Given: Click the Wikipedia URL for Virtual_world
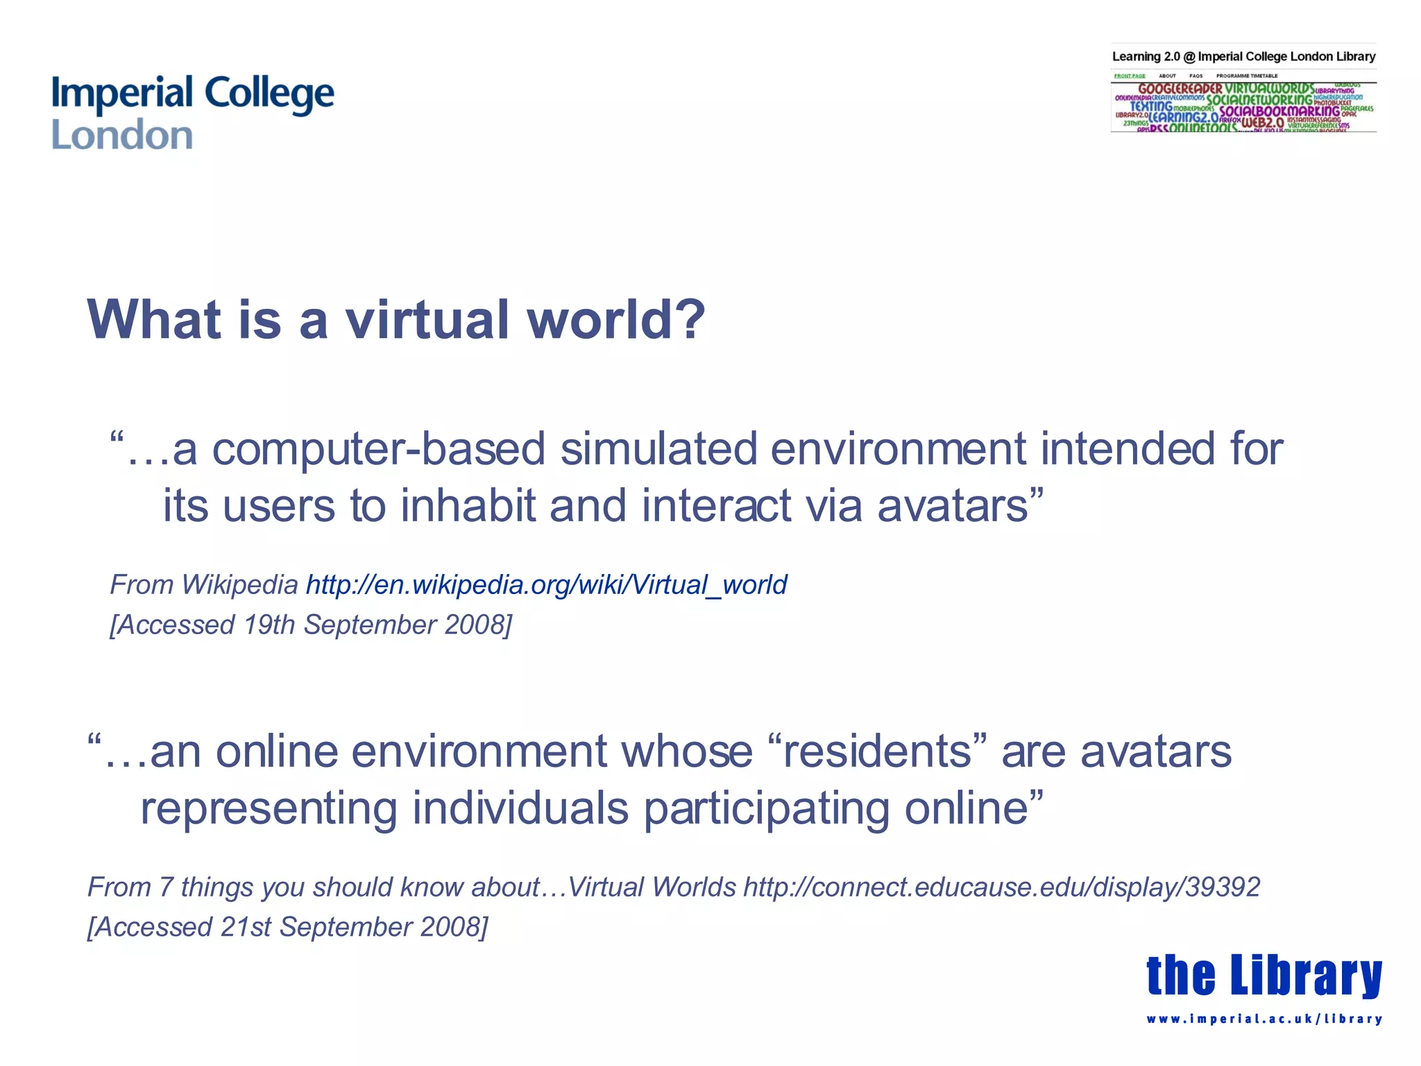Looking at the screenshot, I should pos(546,585).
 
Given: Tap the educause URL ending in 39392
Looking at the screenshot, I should pos(1001,887).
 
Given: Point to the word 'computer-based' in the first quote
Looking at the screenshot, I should pos(378,449).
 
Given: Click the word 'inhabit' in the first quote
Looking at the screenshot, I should pos(468,505).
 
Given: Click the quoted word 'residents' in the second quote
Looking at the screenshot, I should pos(877,752).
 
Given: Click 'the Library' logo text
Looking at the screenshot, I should pos(1263,975).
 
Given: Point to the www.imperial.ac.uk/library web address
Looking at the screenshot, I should pos(1263,1019).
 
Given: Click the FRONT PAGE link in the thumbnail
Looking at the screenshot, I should pos(1130,76).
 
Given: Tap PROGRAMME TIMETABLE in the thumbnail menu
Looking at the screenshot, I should pos(1246,76).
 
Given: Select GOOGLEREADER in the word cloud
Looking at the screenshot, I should pos(1180,89).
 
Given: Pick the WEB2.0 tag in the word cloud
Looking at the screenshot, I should pos(1262,123).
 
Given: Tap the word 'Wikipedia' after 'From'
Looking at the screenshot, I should pos(239,585).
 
